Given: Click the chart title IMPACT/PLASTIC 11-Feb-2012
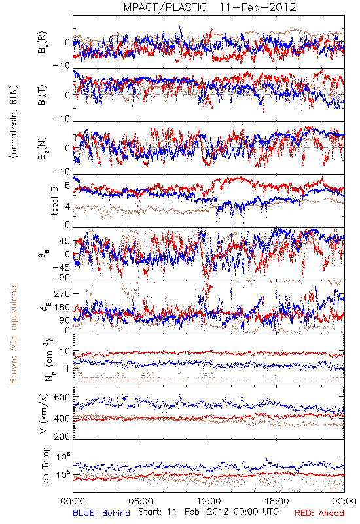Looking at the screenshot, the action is tap(208, 7).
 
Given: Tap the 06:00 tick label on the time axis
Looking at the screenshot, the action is tap(141, 501).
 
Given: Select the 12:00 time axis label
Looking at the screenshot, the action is tap(209, 501).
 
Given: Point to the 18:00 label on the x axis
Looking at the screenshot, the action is tap(277, 501).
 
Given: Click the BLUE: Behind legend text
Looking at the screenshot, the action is tap(101, 513).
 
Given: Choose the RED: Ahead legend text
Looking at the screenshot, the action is tap(319, 513).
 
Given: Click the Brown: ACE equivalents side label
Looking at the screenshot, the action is tap(13, 333).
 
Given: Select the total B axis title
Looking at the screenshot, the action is tap(54, 200).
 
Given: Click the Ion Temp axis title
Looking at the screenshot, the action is tap(45, 466).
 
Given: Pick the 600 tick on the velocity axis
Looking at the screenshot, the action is tap(62, 398).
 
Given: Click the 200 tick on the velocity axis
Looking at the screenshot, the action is tap(62, 436).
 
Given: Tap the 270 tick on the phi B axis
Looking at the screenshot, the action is tap(62, 293).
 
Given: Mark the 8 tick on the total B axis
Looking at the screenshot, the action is tap(67, 185).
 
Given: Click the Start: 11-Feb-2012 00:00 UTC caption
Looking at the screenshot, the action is tap(208, 512).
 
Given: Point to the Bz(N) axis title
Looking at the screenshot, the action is tap(43, 148).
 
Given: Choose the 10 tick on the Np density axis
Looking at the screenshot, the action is tap(64, 352).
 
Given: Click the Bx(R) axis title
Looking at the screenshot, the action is tap(43, 43).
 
